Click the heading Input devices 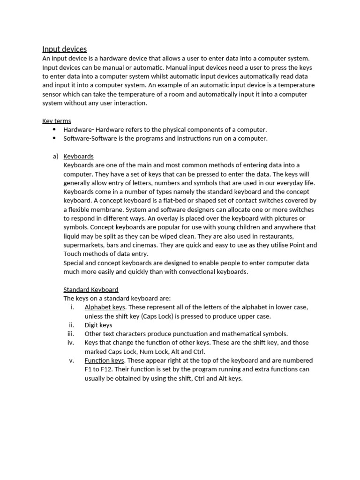point(64,49)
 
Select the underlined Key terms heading point(56,121)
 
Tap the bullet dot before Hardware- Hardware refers point(54,129)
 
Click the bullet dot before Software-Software point(54,138)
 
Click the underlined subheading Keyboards point(78,156)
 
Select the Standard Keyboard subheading point(91,290)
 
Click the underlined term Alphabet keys point(105,307)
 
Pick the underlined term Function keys point(104,360)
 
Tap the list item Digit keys point(98,325)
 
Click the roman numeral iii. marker point(71,334)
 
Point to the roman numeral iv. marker point(71,343)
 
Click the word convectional point(198,272)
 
